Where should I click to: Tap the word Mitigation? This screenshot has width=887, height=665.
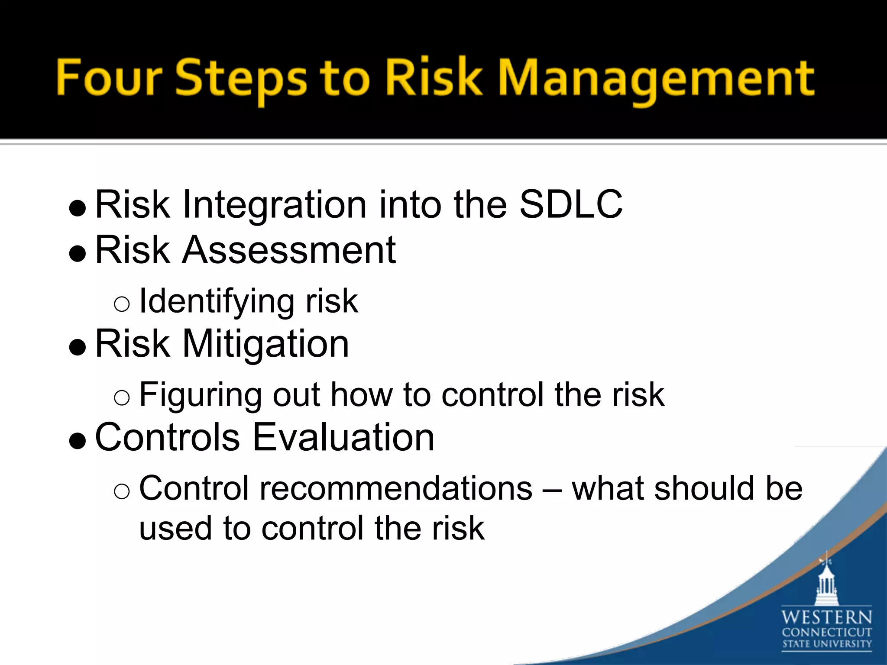click(265, 345)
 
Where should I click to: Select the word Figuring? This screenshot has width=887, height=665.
click(200, 396)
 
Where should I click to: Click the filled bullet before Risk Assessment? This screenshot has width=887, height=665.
click(78, 254)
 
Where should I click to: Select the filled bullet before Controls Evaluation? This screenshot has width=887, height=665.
click(78, 441)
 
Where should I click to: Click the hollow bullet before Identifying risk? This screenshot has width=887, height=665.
click(122, 304)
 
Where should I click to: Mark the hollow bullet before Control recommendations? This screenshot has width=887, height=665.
click(122, 491)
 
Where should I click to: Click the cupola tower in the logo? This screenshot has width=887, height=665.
click(826, 582)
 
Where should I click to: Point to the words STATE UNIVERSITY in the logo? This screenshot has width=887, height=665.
click(826, 644)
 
